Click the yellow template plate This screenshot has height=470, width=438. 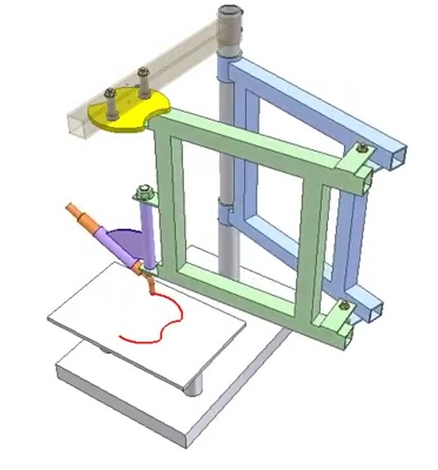coord(131,118)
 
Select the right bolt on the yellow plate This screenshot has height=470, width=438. coord(144,81)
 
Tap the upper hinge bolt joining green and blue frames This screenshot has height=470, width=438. coord(359,150)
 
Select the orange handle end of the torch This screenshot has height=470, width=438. coord(81,215)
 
